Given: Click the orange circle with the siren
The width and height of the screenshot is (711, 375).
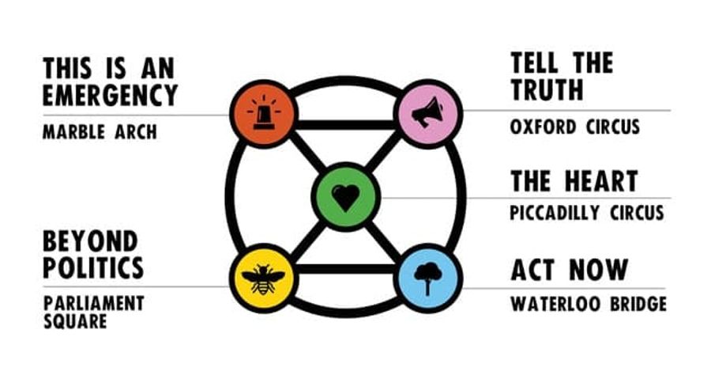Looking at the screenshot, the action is tap(264, 113).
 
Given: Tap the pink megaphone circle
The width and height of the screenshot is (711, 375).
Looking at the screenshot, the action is tap(428, 113).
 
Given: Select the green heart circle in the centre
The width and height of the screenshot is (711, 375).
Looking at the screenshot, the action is tap(346, 197).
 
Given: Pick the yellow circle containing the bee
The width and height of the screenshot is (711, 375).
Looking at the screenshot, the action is tap(264, 278).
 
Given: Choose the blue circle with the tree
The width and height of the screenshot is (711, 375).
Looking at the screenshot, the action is tap(428, 278).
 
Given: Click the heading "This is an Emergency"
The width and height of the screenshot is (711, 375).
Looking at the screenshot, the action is tap(110, 82).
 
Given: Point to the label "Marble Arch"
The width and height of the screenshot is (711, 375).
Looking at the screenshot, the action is tap(100, 131).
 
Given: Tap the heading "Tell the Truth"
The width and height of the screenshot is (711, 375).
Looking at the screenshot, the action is tap(562, 76).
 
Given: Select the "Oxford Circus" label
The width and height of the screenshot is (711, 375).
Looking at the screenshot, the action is tap(575, 127).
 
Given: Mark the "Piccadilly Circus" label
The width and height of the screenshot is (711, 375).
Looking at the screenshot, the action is tap(587, 213).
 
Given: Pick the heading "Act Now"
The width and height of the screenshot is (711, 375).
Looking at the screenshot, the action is tap(570, 270).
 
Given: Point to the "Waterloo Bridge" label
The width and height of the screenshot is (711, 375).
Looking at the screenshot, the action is tap(589, 304).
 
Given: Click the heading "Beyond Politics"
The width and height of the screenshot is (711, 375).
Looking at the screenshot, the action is tap(93, 254).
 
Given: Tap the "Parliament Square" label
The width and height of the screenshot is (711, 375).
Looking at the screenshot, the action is tap(94, 312).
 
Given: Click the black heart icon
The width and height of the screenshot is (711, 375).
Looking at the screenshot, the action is tap(346, 198).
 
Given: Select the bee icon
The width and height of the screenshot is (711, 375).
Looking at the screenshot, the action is tap(263, 279).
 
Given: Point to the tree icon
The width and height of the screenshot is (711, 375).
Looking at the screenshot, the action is tap(428, 279).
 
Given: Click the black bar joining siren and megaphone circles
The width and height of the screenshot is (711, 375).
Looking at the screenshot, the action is tap(346, 125).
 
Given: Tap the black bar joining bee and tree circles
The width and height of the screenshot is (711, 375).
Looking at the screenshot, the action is tap(346, 269).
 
